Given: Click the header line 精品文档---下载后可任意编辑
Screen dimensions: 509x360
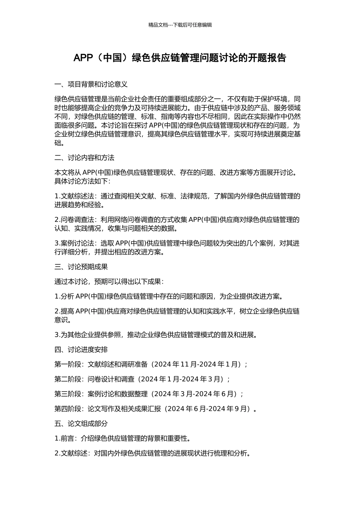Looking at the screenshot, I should pos(180,25).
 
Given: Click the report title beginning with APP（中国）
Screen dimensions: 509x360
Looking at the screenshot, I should pos(180,58).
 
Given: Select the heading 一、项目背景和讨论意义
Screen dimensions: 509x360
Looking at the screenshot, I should pos(91,84).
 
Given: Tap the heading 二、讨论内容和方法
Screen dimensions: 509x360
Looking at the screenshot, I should pos(85,158).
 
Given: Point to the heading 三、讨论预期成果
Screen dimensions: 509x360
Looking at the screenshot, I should pos(81,267).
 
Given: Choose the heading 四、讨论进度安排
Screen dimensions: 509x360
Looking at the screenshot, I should pos(81,350).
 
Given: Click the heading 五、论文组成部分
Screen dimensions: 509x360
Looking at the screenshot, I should pos(81,423).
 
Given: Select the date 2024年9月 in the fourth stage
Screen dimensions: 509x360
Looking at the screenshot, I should pos(231,409).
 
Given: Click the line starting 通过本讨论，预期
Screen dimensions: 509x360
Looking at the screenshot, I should pos(109,281).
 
